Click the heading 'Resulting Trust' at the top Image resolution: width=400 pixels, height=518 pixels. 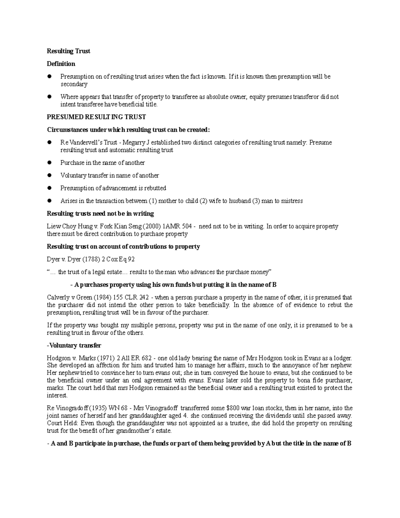pyautogui.click(x=68, y=51)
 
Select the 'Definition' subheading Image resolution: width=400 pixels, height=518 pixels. pyautogui.click(x=61, y=64)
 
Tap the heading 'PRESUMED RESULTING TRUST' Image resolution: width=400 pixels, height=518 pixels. pyautogui.click(x=96, y=117)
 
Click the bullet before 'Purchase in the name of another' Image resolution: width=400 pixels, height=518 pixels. pyautogui.click(x=49, y=163)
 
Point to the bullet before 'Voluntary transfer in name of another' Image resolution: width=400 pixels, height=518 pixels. pyautogui.click(x=49, y=175)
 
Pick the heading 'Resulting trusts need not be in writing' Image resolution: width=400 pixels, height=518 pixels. pyautogui.click(x=100, y=213)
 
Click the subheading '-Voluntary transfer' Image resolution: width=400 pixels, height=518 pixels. pyautogui.click(x=74, y=345)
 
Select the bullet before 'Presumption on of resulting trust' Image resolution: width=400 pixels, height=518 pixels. pyautogui.click(x=49, y=76)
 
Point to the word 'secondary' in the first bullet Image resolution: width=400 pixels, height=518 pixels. pyautogui.click(x=74, y=84)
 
